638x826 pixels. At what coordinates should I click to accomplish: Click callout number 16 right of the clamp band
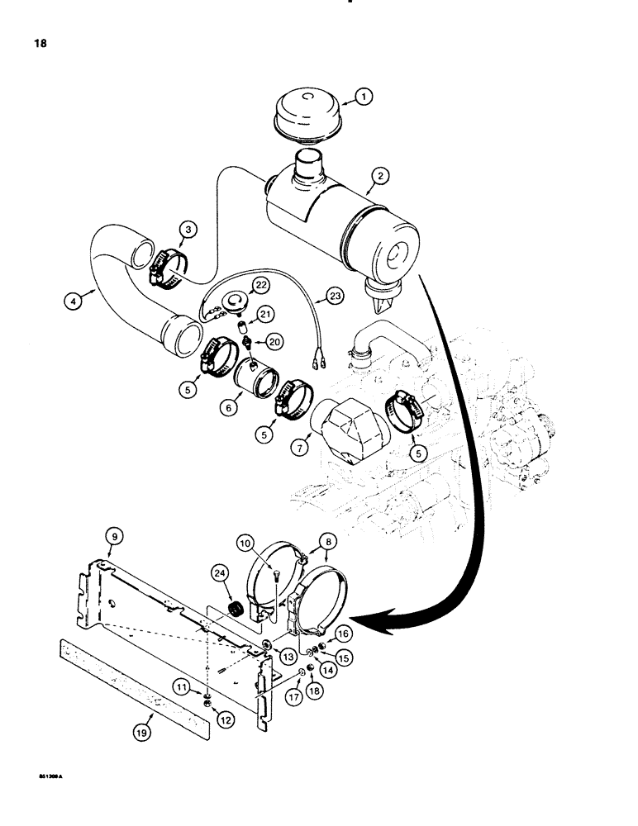(x=343, y=633)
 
